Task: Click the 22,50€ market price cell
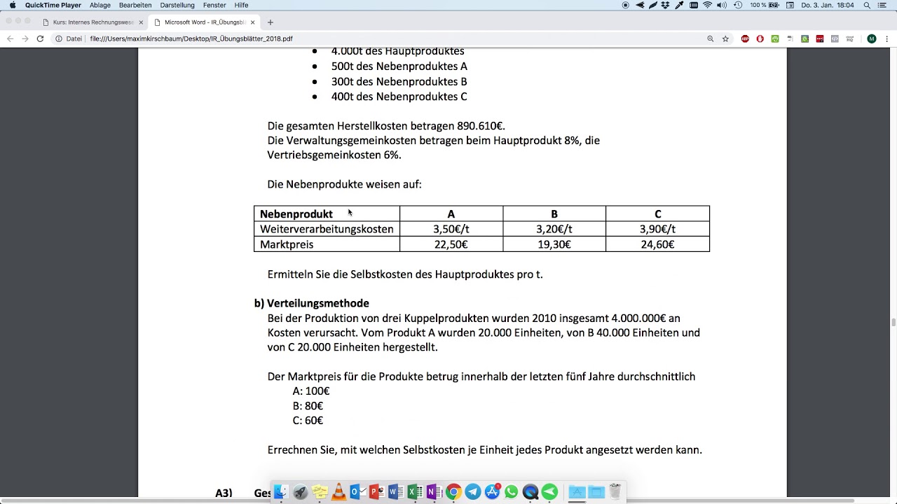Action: pyautogui.click(x=451, y=244)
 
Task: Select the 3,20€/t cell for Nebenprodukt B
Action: pyautogui.click(x=554, y=229)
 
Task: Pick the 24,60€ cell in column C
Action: pyautogui.click(x=657, y=244)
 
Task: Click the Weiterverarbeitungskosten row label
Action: pyautogui.click(x=327, y=229)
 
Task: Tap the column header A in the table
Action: pyautogui.click(x=451, y=214)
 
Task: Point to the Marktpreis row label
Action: pyautogui.click(x=287, y=244)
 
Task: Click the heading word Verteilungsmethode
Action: pyautogui.click(x=317, y=303)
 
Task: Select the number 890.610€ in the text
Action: pyautogui.click(x=481, y=126)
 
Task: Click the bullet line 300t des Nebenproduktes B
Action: pyautogui.click(x=399, y=81)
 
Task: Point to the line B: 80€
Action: pyautogui.click(x=308, y=406)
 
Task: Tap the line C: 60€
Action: pyautogui.click(x=308, y=421)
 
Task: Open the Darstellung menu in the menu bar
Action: pyautogui.click(x=177, y=5)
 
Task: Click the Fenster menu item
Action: pyautogui.click(x=214, y=5)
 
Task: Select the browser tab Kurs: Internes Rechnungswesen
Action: pyautogui.click(x=93, y=22)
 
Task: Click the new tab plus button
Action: pyautogui.click(x=271, y=22)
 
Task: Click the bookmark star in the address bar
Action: pyautogui.click(x=725, y=38)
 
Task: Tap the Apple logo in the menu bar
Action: pyautogui.click(x=13, y=5)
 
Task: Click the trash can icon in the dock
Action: pyautogui.click(x=615, y=491)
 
